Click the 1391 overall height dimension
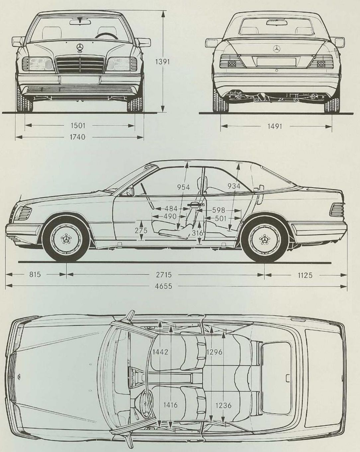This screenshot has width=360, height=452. pos(163,62)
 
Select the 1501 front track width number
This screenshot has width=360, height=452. pos(78,125)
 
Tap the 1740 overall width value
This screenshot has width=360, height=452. pos(78,137)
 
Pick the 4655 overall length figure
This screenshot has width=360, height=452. pos(164,286)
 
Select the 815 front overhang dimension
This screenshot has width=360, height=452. pos(35,274)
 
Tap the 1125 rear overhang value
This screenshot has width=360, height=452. pos(305,275)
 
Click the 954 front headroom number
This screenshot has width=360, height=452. pos(183,187)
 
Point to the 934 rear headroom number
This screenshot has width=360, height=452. pos(234,186)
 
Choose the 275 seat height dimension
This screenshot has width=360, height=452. pos(141,230)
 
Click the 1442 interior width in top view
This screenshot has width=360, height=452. pos(160,352)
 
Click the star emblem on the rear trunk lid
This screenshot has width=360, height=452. pos(277,49)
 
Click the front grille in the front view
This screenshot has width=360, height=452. pos(80,64)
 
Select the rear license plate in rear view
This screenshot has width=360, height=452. pos(276,61)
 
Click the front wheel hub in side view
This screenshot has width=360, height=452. pos(66,238)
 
